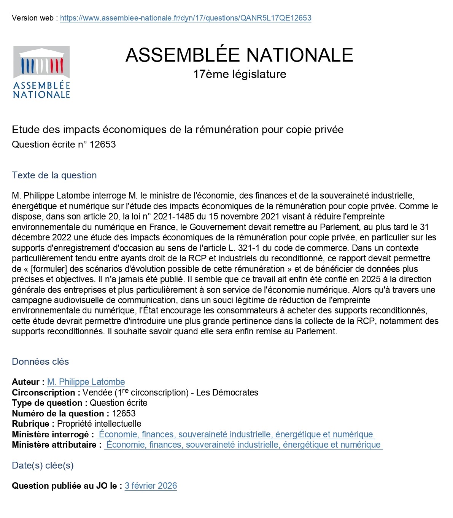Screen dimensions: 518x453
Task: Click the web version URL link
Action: (x=186, y=18)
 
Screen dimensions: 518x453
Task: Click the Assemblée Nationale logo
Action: (x=41, y=72)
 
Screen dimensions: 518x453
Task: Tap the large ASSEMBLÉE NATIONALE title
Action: (x=239, y=55)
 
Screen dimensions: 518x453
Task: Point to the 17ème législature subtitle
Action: (x=239, y=74)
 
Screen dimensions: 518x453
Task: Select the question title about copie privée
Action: (x=178, y=130)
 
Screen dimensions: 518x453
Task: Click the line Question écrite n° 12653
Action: (x=64, y=145)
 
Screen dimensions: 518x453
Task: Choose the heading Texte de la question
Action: (x=54, y=175)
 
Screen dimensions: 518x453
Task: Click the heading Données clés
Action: (x=40, y=362)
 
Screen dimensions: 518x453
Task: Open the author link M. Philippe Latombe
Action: (x=86, y=382)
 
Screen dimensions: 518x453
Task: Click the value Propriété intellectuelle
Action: (x=99, y=424)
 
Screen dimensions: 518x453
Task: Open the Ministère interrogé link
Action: (x=236, y=434)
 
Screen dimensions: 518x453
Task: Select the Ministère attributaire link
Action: (x=243, y=445)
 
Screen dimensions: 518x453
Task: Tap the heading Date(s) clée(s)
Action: (x=43, y=466)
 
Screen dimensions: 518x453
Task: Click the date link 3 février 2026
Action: (x=151, y=486)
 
